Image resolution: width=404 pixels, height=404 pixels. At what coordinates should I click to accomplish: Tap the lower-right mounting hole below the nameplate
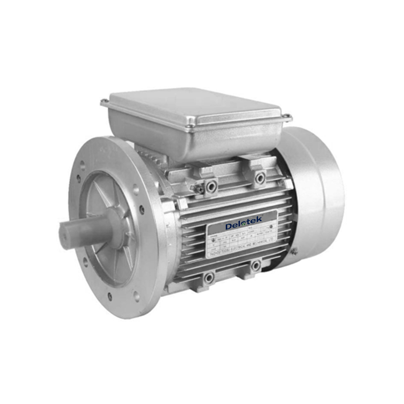pos(256,265)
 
